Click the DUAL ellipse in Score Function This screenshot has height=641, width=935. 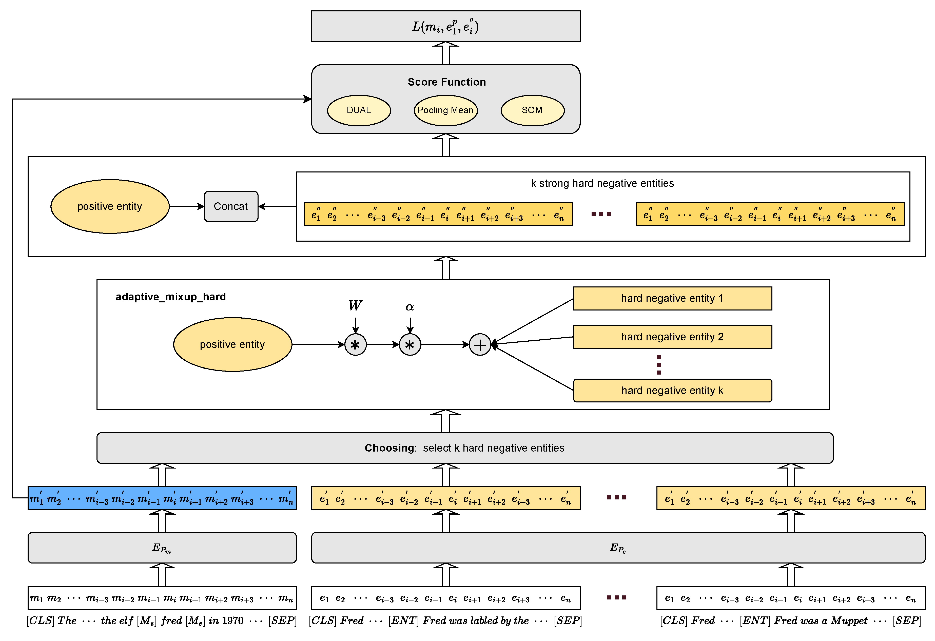pyautogui.click(x=359, y=110)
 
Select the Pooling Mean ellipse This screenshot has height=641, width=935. pyautogui.click(x=445, y=110)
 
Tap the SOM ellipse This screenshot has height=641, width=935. pyautogui.click(x=532, y=110)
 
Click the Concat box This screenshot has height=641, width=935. pyautogui.click(x=231, y=206)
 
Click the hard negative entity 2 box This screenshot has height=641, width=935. pyautogui.click(x=672, y=337)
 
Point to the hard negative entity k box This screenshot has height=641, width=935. pyautogui.click(x=672, y=390)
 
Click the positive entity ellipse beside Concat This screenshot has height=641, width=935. pyautogui.click(x=110, y=206)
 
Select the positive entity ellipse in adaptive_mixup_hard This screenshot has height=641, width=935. pyautogui.click(x=232, y=344)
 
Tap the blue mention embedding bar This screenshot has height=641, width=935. pyautogui.click(x=162, y=498)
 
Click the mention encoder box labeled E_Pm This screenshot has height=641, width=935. pyautogui.click(x=162, y=548)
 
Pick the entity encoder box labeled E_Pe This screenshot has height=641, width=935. pyautogui.click(x=618, y=548)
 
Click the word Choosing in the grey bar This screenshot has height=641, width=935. pyautogui.click(x=389, y=448)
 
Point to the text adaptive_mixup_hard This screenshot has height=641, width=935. pyautogui.click(x=171, y=297)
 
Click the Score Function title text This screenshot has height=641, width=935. pyautogui.click(x=446, y=82)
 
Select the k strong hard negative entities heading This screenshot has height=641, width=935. pyautogui.click(x=602, y=184)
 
